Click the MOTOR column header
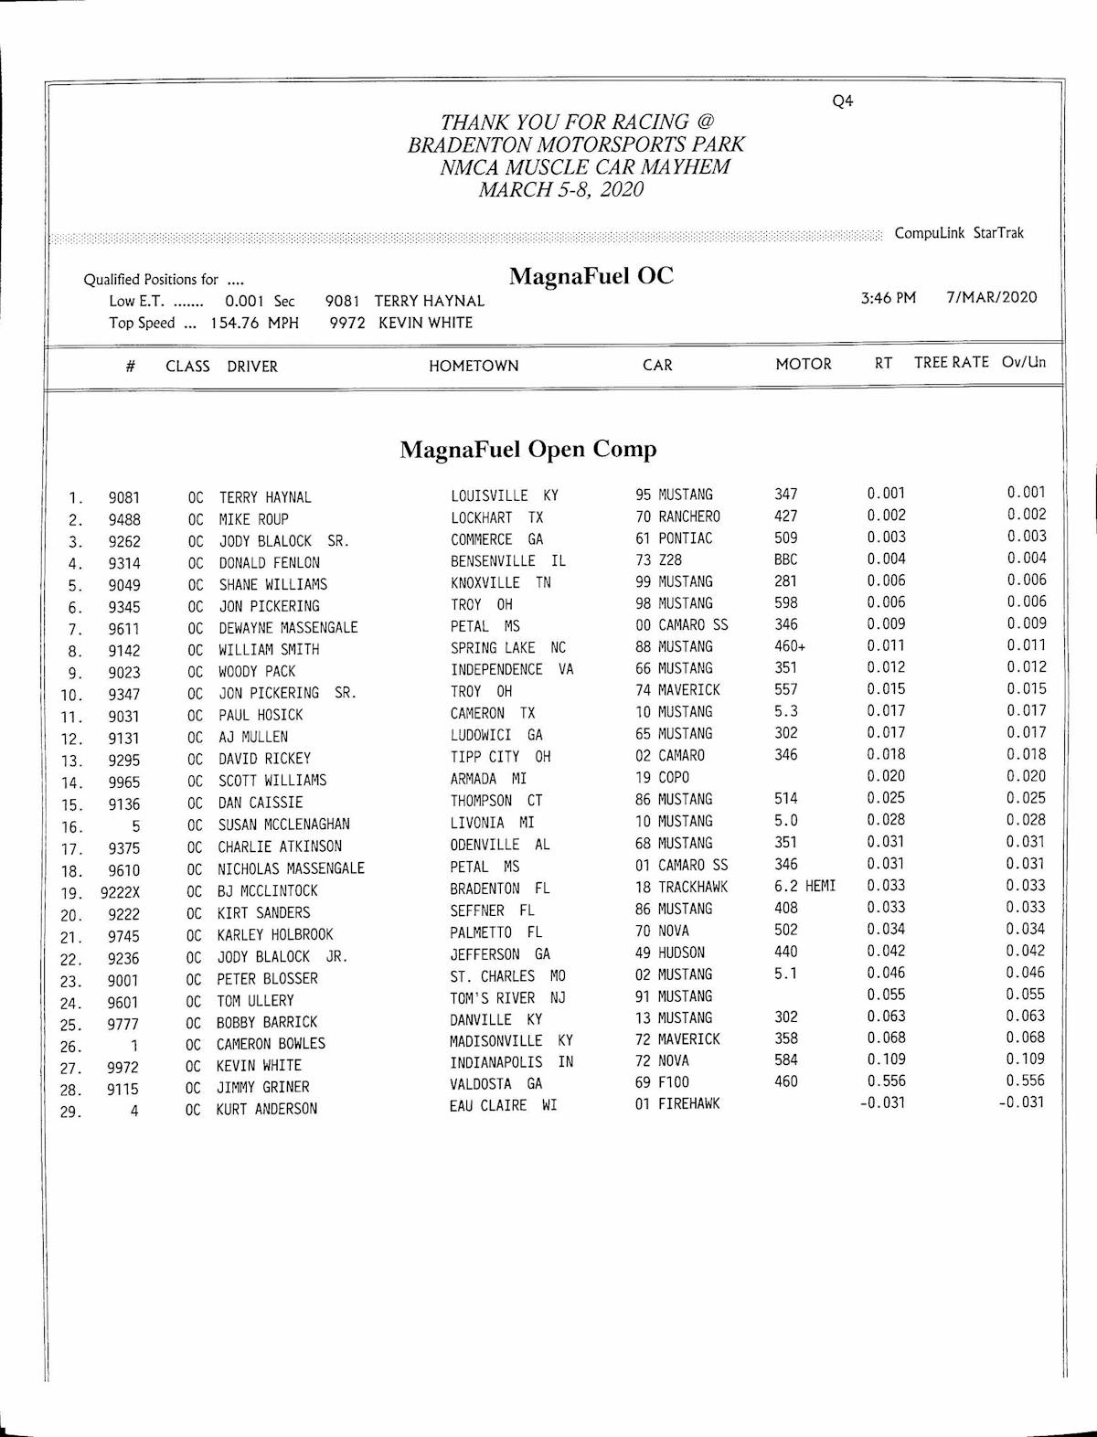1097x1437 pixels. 804,364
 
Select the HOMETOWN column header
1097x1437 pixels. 474,367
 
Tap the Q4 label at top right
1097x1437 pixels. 842,101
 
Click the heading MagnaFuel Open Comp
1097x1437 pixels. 528,450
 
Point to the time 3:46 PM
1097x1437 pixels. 888,297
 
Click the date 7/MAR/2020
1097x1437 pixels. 992,297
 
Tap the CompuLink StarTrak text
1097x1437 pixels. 959,233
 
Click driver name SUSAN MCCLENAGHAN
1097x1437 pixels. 283,824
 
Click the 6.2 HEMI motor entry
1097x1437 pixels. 804,886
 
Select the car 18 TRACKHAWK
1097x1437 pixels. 682,887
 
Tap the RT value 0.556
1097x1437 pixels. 886,1081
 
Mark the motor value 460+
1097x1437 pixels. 790,647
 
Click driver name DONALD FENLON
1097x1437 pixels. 270,563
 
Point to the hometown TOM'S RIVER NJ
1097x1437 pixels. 507,997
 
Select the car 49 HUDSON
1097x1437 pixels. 670,953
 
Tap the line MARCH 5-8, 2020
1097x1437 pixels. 560,190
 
